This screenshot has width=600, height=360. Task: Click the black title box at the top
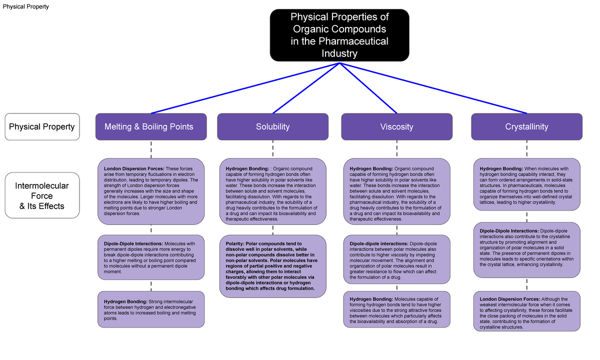click(x=339, y=35)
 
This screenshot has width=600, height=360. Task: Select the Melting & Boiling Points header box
click(x=148, y=127)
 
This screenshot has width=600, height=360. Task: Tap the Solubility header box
click(x=272, y=127)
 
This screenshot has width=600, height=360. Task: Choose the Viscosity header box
click(x=396, y=127)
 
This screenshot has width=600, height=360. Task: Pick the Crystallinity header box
click(x=526, y=127)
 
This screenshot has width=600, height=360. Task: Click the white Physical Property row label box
click(x=42, y=127)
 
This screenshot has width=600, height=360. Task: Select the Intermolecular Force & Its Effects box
click(x=42, y=195)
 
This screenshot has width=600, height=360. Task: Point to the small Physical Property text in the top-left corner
click(x=26, y=6)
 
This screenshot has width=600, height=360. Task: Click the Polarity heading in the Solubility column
click(x=234, y=243)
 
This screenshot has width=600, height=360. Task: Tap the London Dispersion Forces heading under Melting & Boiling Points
click(x=133, y=168)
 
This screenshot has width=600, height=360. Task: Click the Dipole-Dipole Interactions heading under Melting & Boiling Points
click(x=133, y=243)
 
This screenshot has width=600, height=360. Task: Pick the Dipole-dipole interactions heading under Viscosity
click(x=378, y=243)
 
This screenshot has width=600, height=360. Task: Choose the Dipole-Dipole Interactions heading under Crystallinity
click(x=509, y=230)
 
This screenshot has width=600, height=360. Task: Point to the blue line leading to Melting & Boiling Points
click(x=245, y=88)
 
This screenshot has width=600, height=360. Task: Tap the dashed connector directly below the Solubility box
click(x=272, y=149)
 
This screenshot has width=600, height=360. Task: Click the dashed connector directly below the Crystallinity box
click(x=526, y=149)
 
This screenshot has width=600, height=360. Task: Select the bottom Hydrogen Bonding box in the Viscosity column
click(x=396, y=310)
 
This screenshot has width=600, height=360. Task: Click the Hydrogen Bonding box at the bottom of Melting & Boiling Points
click(x=151, y=309)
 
